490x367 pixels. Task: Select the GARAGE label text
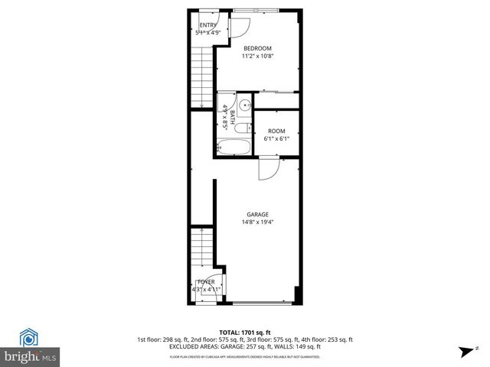coord(256,214)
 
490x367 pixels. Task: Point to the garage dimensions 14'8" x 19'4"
coord(256,222)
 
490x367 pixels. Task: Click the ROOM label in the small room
coord(276,132)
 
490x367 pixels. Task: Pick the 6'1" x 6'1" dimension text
coord(276,139)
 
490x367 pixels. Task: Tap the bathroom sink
coord(246,106)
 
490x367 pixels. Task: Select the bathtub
coord(233,146)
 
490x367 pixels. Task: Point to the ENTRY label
coord(208,25)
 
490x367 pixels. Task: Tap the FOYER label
coord(206,282)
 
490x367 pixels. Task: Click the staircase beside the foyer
coord(201,248)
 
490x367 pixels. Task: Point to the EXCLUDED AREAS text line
coord(244,346)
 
